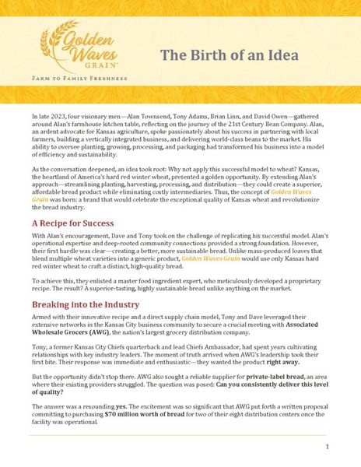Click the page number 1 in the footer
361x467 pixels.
click(x=328, y=447)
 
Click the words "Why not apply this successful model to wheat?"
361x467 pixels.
click(x=233, y=167)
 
